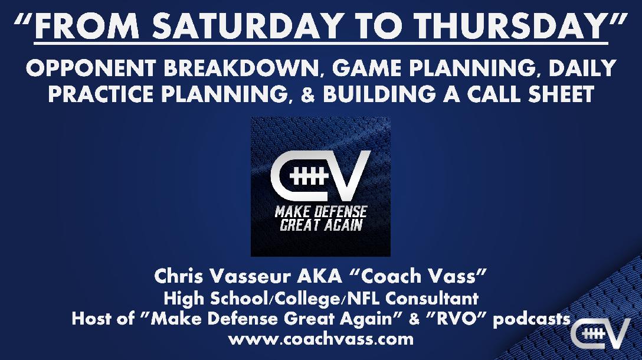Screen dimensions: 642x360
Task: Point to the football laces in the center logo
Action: coord(309,176)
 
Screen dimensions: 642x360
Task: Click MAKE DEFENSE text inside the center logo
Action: coord(320,212)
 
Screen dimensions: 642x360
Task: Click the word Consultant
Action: coord(432,298)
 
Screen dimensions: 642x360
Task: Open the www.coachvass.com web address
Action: coord(320,339)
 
